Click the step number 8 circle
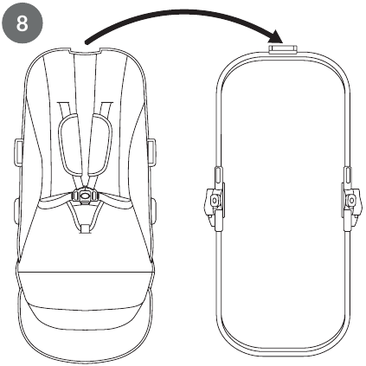(x=22, y=22)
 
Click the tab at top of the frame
(x=283, y=48)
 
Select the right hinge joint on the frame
(x=350, y=200)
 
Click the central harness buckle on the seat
(x=85, y=196)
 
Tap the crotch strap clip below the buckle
(x=85, y=229)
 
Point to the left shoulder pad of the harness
(x=70, y=144)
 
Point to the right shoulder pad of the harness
(x=99, y=144)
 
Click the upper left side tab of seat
(x=18, y=152)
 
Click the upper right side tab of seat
(x=151, y=152)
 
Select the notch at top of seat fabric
(x=86, y=51)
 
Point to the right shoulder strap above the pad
(x=106, y=108)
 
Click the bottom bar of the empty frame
(x=283, y=351)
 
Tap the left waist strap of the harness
(x=55, y=199)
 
